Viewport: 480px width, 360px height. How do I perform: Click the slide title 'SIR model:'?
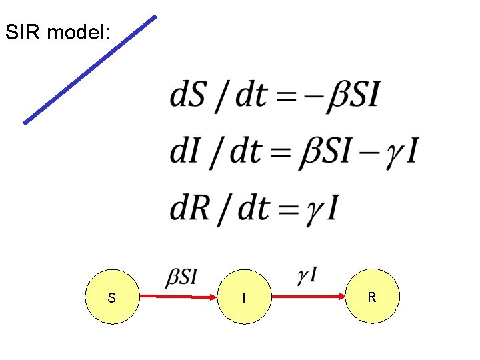[x=57, y=33]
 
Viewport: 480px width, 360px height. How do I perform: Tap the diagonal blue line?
[x=90, y=69]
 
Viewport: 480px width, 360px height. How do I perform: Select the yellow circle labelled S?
[x=111, y=297]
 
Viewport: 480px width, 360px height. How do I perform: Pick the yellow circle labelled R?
[x=372, y=297]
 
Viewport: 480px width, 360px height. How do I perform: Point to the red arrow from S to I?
[x=180, y=297]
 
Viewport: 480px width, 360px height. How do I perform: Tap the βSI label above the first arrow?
[x=181, y=276]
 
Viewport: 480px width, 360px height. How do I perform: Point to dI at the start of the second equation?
[x=183, y=153]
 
